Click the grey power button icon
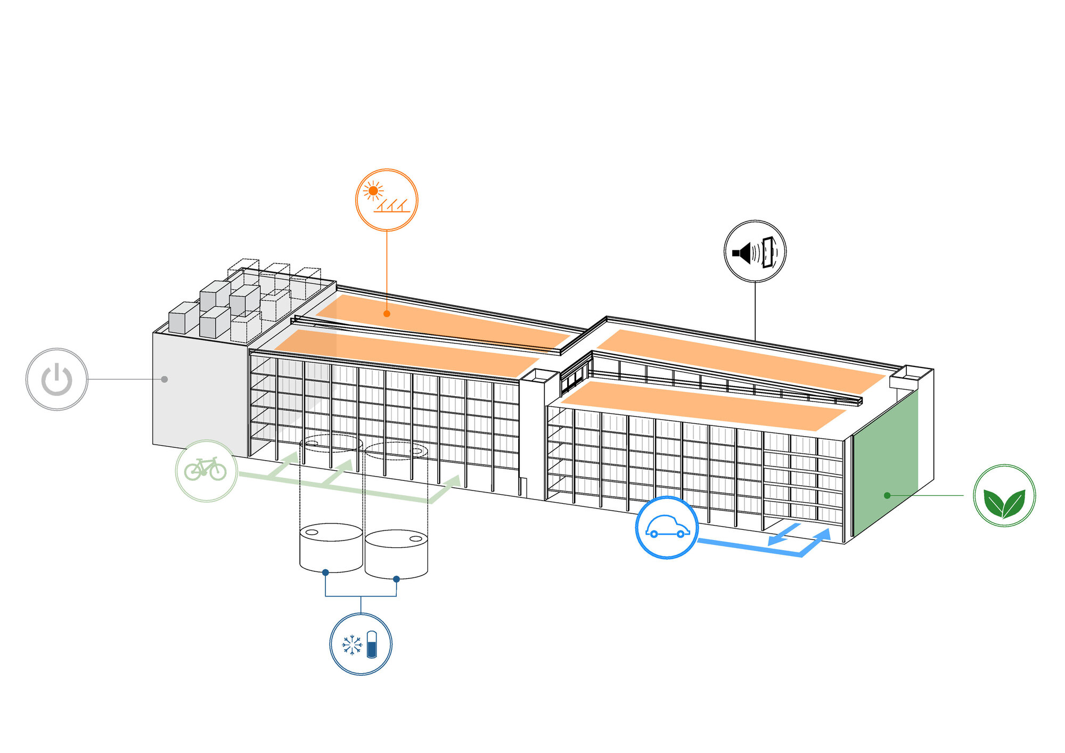click(x=57, y=379)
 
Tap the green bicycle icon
click(x=206, y=470)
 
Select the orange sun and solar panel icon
click(x=387, y=200)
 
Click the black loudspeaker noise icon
click(x=755, y=251)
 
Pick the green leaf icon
click(x=1004, y=495)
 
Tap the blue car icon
click(x=667, y=527)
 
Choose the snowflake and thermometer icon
click(x=361, y=644)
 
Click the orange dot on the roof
click(x=387, y=314)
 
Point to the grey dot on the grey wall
click(x=165, y=379)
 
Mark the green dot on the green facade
click(x=887, y=495)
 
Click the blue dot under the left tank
click(x=325, y=572)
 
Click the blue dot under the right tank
click(x=396, y=579)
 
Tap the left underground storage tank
click(x=331, y=549)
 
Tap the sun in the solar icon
click(x=373, y=191)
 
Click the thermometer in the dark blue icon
click(x=372, y=644)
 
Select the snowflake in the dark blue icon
click(x=351, y=645)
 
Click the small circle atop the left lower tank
click(x=312, y=531)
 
